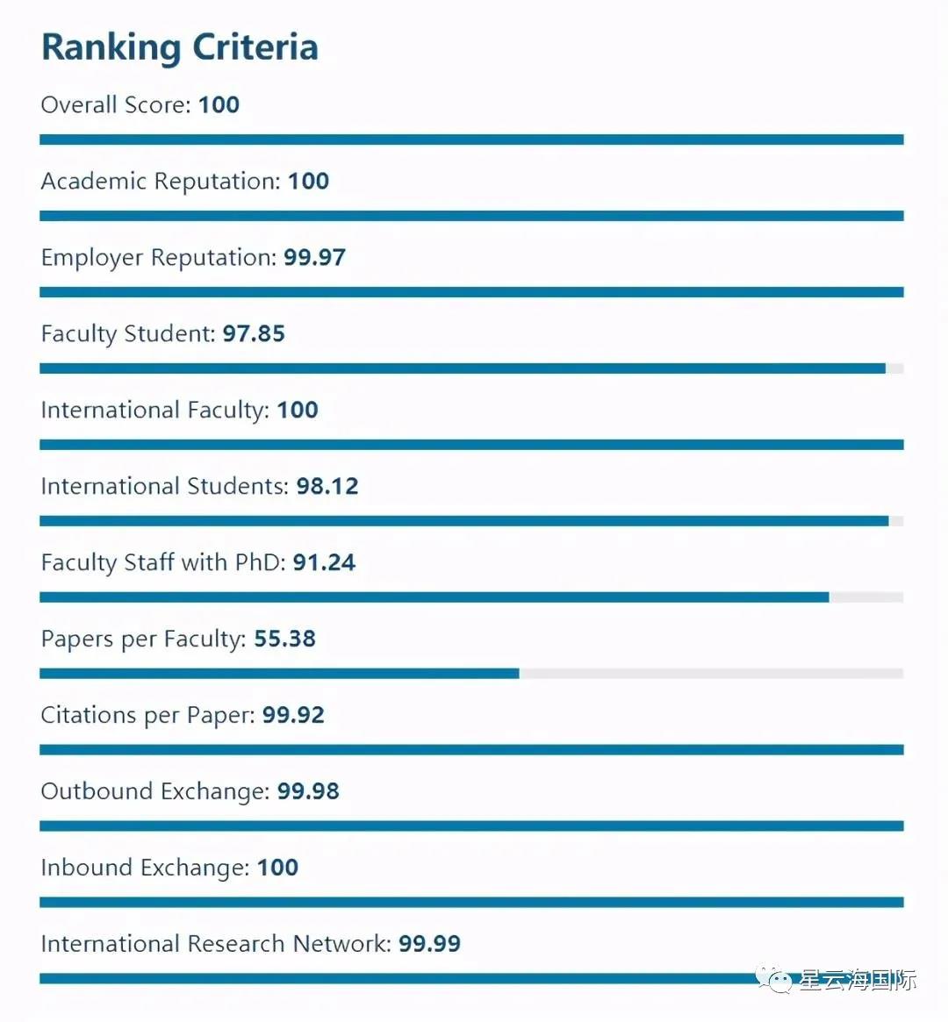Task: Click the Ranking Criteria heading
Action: pyautogui.click(x=180, y=47)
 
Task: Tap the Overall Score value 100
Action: pyautogui.click(x=219, y=105)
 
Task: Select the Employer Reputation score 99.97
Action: pyautogui.click(x=314, y=258)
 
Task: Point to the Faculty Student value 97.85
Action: pyautogui.click(x=254, y=334)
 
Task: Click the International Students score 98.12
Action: pyautogui.click(x=327, y=487)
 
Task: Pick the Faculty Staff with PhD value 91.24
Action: pyautogui.click(x=324, y=563)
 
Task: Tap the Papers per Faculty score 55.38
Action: pyautogui.click(x=284, y=640)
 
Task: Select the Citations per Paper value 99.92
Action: pyautogui.click(x=293, y=716)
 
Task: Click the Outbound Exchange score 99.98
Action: pyautogui.click(x=308, y=792)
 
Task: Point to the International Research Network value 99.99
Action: pyautogui.click(x=429, y=945)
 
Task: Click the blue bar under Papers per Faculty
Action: pyautogui.click(x=279, y=674)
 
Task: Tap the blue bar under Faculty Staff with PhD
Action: pyautogui.click(x=434, y=597)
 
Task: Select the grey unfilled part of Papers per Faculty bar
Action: pyautogui.click(x=711, y=674)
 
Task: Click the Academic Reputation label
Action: pyautogui.click(x=161, y=182)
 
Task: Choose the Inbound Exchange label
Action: pyautogui.click(x=145, y=868)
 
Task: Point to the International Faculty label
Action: pyautogui.click(x=154, y=411)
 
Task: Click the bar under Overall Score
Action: pyautogui.click(x=471, y=139)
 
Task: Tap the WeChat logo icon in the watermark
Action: pyautogui.click(x=776, y=979)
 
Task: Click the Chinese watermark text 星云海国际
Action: pyautogui.click(x=858, y=980)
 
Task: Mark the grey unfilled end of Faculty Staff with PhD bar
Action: pyautogui.click(x=866, y=597)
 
